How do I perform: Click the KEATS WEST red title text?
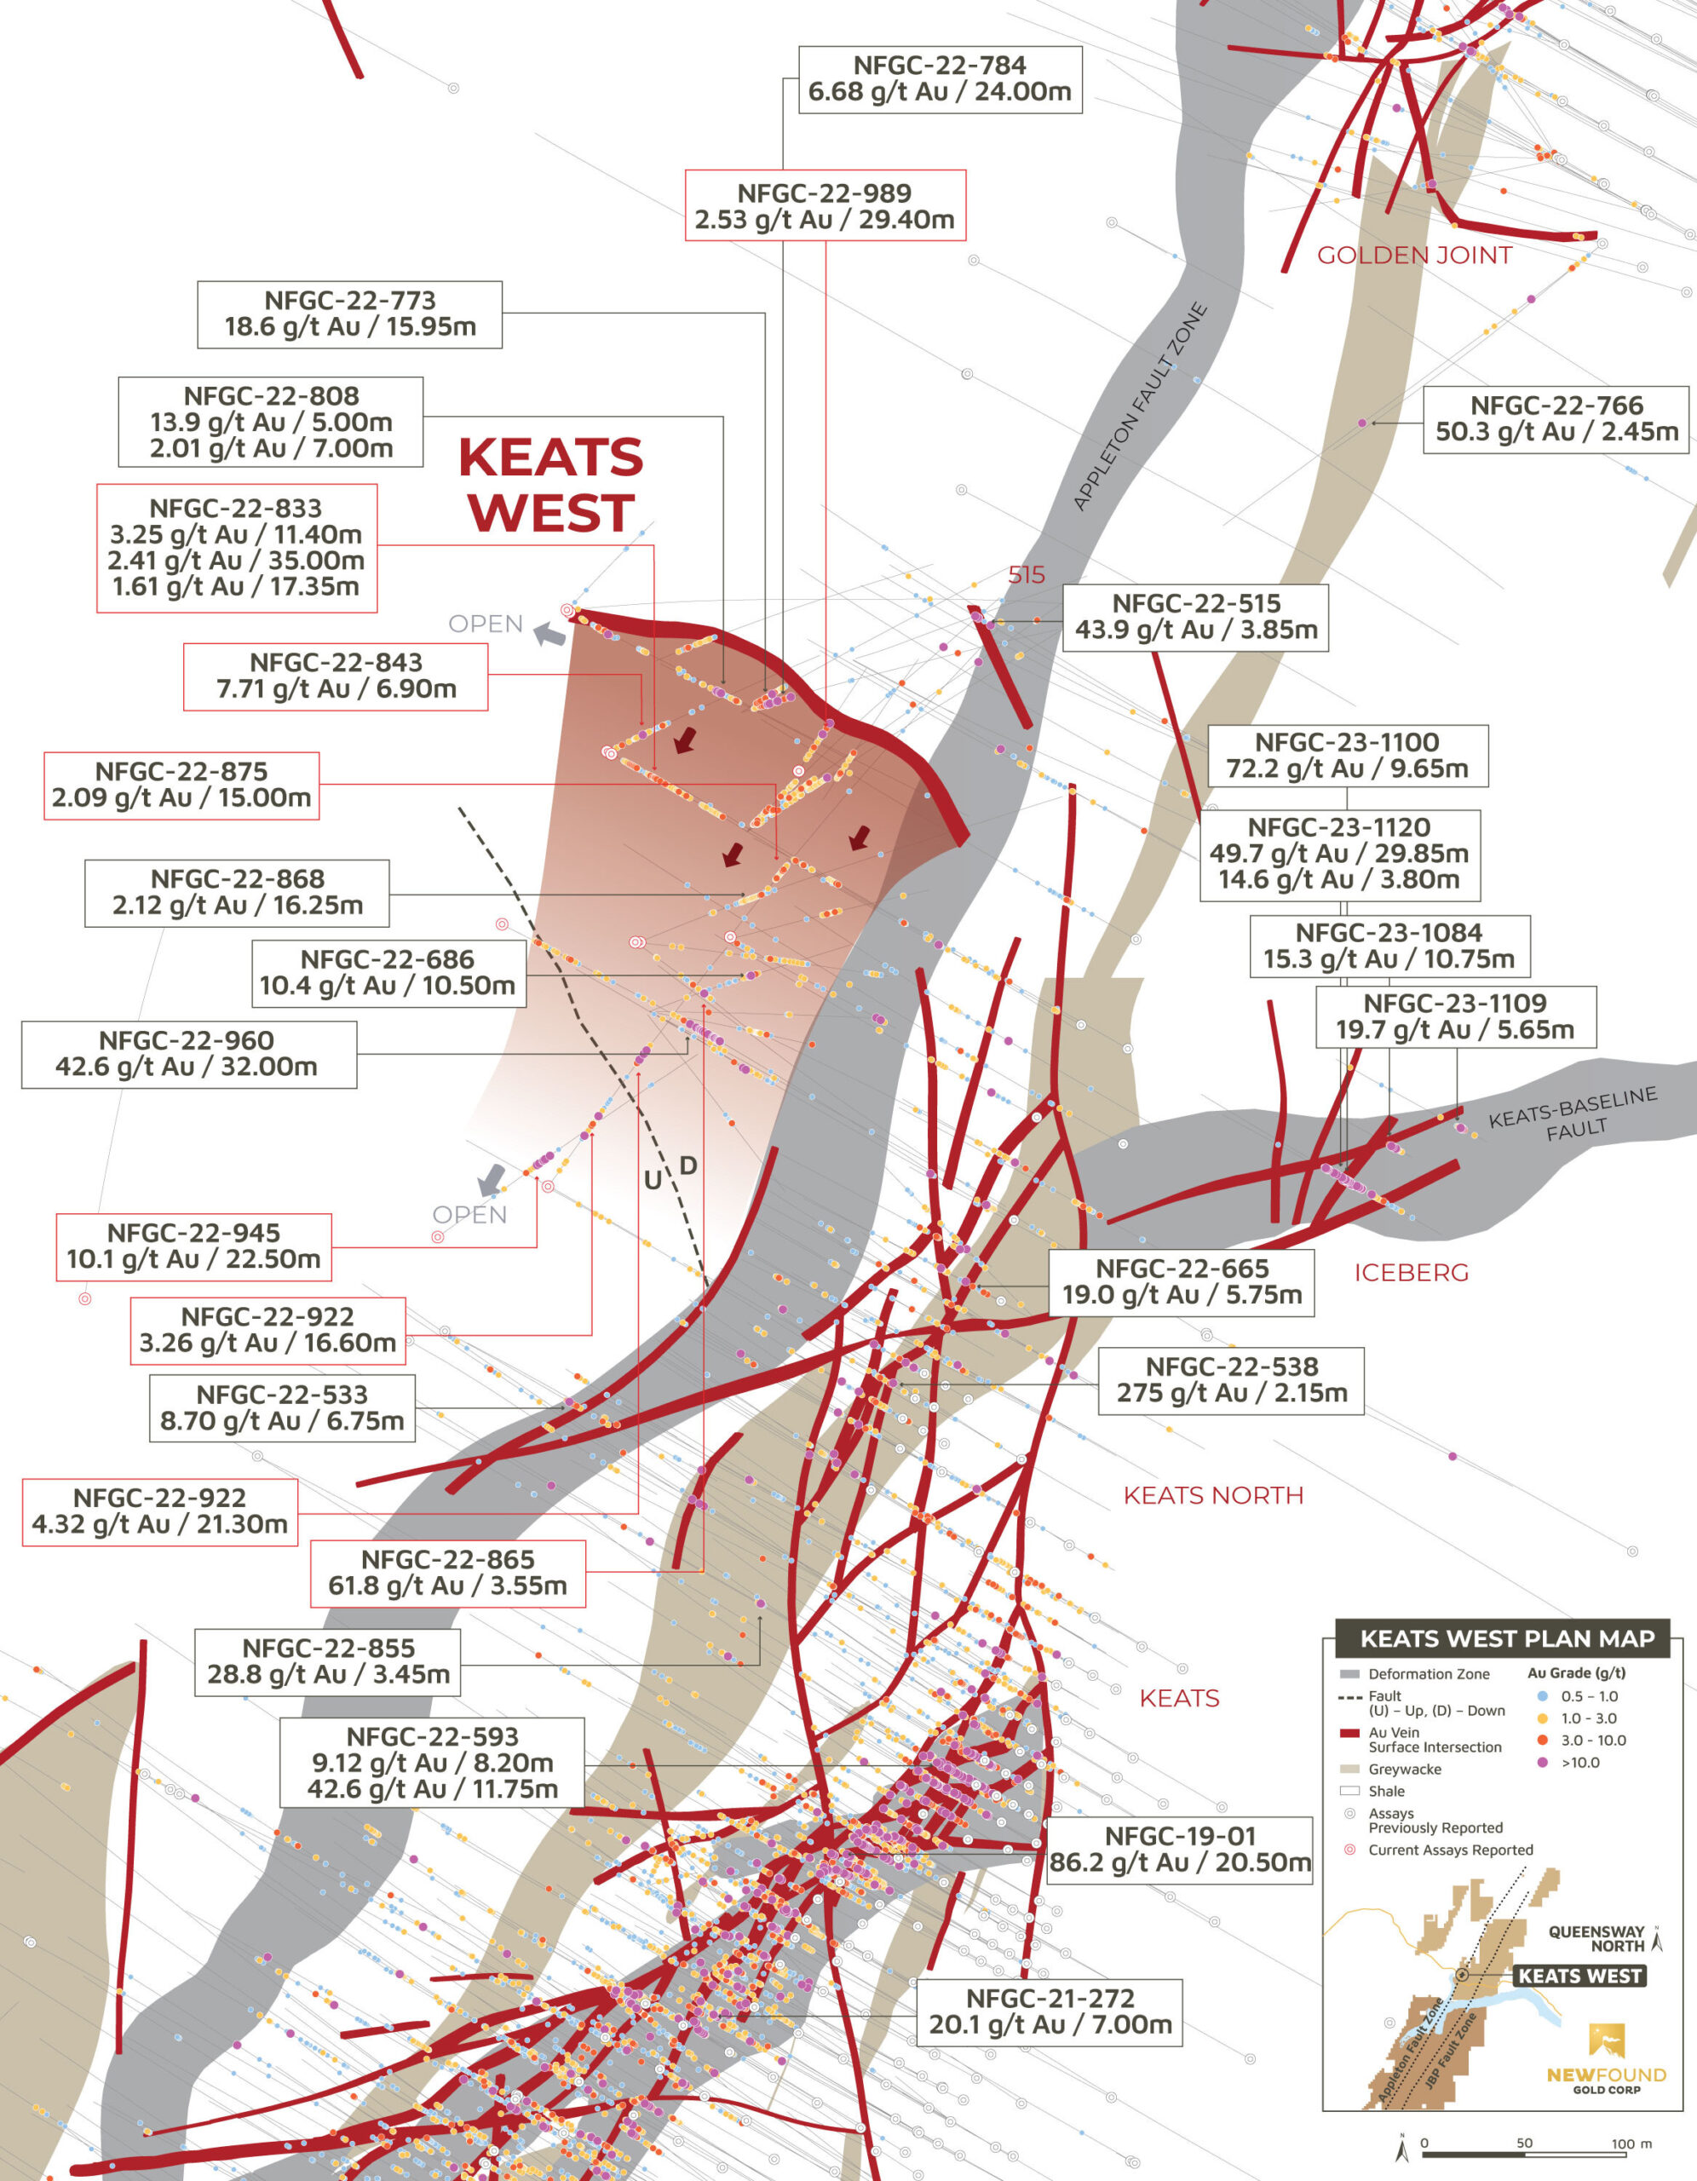(x=550, y=486)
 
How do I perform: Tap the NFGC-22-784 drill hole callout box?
(x=939, y=79)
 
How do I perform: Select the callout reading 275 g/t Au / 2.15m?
(x=1230, y=1379)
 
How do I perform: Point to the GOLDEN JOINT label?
(x=1413, y=256)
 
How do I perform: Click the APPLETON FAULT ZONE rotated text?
(x=1140, y=406)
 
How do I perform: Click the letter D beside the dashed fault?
(x=688, y=1165)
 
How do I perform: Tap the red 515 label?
(x=1026, y=575)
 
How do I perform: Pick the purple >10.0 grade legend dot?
(x=1541, y=1763)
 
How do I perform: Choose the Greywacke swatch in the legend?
(x=1349, y=1769)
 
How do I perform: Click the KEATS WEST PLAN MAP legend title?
(x=1506, y=1639)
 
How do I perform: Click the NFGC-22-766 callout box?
(x=1556, y=419)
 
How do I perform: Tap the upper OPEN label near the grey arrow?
(x=486, y=624)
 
